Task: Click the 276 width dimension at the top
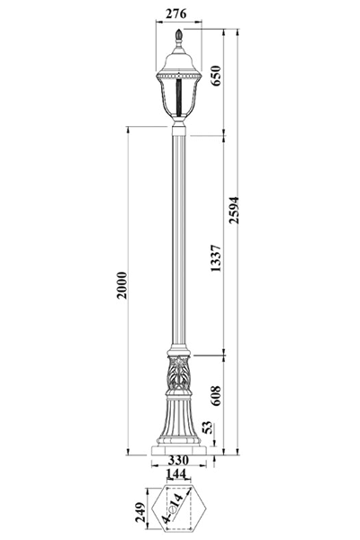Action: click(175, 13)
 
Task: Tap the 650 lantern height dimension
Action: click(215, 76)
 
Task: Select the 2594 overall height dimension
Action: click(234, 210)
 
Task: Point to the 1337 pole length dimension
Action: click(216, 258)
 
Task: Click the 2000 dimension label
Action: click(121, 285)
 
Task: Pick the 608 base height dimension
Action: click(216, 395)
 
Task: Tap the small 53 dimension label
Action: click(208, 428)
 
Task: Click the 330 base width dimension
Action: click(178, 460)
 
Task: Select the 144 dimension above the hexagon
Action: click(176, 474)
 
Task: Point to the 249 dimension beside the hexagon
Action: click(140, 512)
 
